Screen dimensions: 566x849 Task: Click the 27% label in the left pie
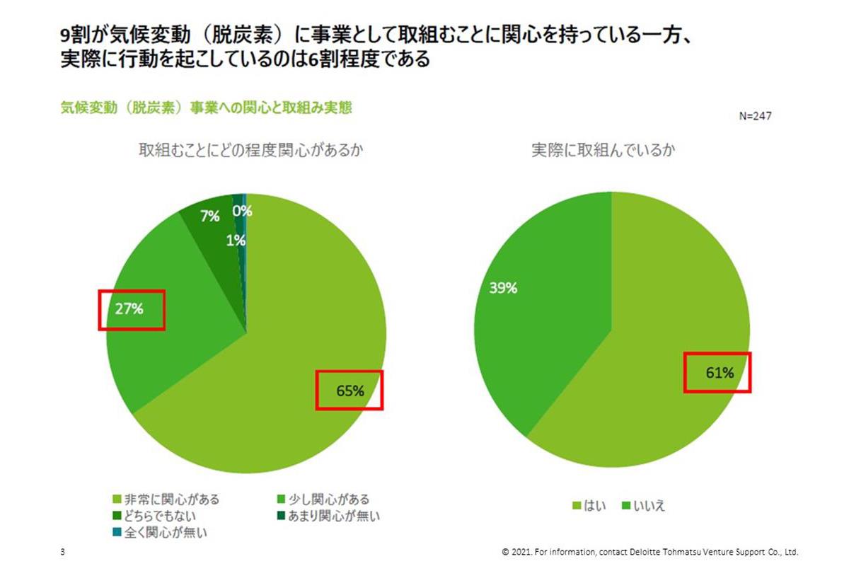(131, 309)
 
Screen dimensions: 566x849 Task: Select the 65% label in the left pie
(350, 390)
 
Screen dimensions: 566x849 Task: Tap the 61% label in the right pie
(718, 373)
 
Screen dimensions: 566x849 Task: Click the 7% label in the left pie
(209, 217)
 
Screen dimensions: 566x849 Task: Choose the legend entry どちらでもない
(160, 516)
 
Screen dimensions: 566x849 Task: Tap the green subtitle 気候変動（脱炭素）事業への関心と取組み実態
(207, 108)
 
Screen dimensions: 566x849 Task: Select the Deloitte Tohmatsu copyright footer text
(649, 552)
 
